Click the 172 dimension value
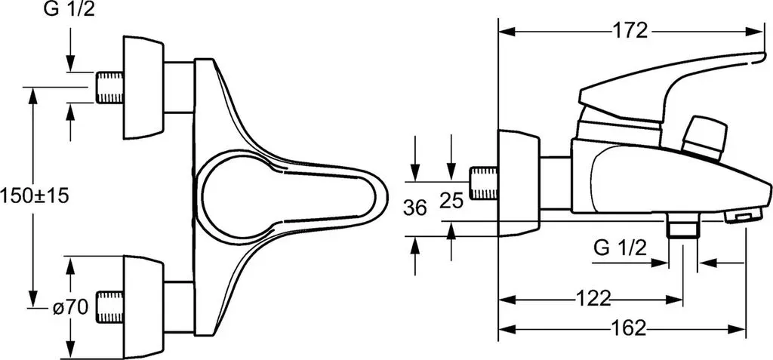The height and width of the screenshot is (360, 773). click(x=630, y=31)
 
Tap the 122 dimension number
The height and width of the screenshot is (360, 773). click(x=593, y=298)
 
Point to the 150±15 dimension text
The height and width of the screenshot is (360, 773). click(x=34, y=196)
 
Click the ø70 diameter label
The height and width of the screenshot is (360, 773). click(x=70, y=309)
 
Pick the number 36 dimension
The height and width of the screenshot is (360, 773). click(x=414, y=208)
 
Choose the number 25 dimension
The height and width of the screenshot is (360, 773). click(x=451, y=201)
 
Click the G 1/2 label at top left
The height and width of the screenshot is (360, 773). click(x=69, y=10)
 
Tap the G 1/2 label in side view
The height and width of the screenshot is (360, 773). click(x=621, y=248)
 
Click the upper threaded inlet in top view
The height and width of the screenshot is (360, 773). click(x=109, y=88)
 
